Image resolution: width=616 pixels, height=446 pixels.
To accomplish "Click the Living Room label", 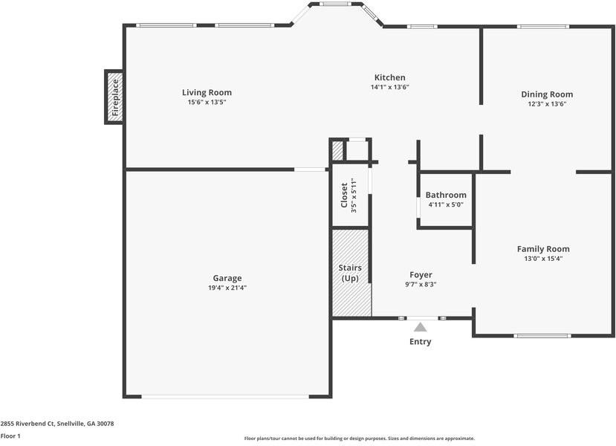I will (x=207, y=93).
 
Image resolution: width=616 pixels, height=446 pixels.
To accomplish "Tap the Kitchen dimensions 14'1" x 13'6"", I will (x=389, y=87).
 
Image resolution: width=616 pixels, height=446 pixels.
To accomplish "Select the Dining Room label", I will (x=547, y=94).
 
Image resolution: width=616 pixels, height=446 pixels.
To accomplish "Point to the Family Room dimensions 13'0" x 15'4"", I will (x=543, y=259).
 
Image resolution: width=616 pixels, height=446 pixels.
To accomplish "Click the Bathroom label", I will (x=446, y=195).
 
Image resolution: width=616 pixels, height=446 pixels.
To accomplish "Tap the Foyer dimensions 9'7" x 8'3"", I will (x=420, y=284).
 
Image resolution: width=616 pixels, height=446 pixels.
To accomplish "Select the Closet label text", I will (x=344, y=196).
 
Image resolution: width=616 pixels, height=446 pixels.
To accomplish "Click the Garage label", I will (x=227, y=278).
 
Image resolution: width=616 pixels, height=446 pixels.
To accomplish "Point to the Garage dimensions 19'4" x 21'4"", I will (x=227, y=288).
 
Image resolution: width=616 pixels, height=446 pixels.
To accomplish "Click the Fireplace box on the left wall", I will (x=114, y=96).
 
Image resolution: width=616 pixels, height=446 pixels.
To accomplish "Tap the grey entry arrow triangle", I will (x=421, y=326).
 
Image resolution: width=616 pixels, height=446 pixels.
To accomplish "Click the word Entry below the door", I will (x=421, y=342).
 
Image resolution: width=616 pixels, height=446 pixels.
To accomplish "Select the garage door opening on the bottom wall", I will (x=225, y=396).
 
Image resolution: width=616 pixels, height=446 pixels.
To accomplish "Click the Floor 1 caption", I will (x=10, y=436).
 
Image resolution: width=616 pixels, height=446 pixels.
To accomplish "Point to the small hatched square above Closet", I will (x=338, y=151).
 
